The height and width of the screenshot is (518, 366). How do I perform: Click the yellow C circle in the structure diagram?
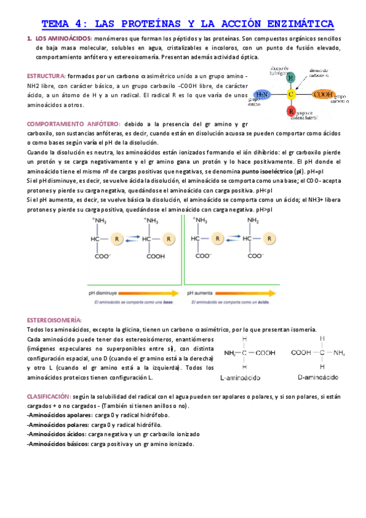[x=291, y=95]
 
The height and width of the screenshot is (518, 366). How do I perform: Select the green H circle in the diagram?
[x=291, y=78]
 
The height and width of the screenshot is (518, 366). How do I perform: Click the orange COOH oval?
[x=322, y=95]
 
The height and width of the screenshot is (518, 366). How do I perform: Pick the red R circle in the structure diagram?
[x=291, y=112]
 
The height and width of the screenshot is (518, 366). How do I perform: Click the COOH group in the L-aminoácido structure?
[x=266, y=352]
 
